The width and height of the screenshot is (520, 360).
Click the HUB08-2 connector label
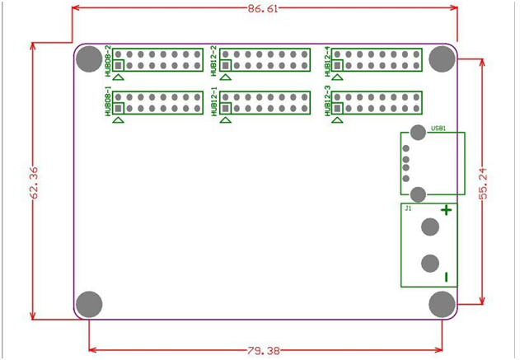[109, 60]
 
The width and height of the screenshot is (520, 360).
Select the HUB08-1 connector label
[109, 104]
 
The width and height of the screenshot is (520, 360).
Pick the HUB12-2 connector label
[214, 60]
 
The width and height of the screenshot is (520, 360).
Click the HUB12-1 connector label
[214, 104]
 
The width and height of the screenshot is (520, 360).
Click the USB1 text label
[438, 129]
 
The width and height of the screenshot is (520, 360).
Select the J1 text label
[407, 209]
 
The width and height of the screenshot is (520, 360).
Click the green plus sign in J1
[446, 210]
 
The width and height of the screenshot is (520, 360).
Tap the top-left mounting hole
[89, 58]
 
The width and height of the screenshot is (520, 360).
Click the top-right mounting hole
[443, 58]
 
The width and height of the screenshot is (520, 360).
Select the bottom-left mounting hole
[89, 304]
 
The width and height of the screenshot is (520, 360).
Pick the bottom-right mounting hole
[443, 304]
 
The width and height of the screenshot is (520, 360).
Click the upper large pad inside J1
[429, 227]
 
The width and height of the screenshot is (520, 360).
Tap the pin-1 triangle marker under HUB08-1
[119, 120]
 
